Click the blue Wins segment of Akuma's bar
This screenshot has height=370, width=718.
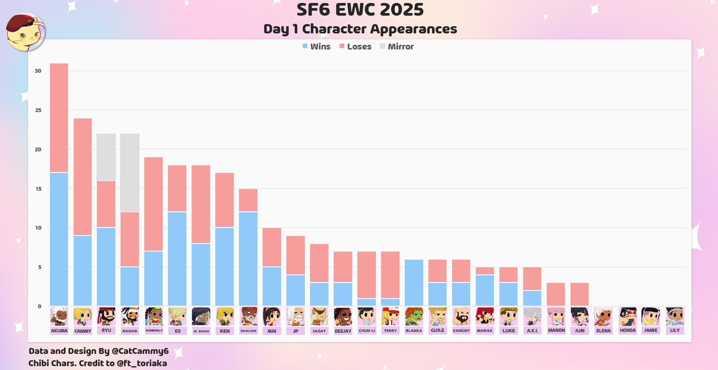coord(59,239)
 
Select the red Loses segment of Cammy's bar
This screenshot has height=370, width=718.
coord(83,177)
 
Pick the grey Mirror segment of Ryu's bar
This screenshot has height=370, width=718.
coord(106,157)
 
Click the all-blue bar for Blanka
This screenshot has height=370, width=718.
coord(414,283)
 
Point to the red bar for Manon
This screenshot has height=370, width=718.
coord(556,295)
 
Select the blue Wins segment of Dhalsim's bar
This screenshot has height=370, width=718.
coord(248,259)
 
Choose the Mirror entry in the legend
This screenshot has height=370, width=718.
coord(396,47)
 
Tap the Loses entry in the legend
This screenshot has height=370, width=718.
coord(355,47)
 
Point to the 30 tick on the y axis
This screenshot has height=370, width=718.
coord(38,71)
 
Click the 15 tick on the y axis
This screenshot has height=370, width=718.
coord(38,189)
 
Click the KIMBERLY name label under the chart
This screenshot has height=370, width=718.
coord(154,330)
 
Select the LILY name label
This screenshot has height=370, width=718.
coord(675,330)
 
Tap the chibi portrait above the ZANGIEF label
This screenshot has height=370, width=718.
coord(462,316)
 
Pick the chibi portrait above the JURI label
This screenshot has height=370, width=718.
coord(580,316)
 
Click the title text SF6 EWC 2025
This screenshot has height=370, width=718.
coord(360,10)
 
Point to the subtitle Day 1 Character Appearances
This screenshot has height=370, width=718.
coord(360,29)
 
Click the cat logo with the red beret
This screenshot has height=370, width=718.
coord(24,33)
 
